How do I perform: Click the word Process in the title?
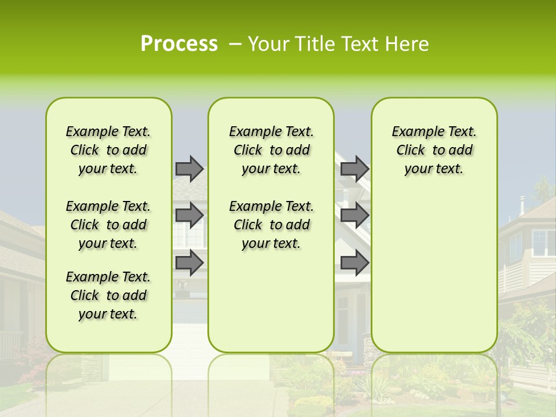click(179, 44)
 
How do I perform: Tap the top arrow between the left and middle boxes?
click(189, 169)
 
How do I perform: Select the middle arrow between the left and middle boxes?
click(189, 215)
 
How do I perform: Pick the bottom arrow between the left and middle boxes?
click(189, 262)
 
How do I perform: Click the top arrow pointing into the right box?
click(354, 169)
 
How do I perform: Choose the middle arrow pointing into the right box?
click(354, 215)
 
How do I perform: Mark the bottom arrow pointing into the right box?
click(354, 262)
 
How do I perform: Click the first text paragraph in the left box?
click(108, 150)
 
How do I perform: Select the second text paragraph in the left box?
click(108, 225)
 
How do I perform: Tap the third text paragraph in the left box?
click(108, 295)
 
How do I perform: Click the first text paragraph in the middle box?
click(271, 150)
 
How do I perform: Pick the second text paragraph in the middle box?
click(271, 225)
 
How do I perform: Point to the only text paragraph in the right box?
click(434, 150)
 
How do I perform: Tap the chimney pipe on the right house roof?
click(521, 205)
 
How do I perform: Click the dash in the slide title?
click(235, 44)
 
